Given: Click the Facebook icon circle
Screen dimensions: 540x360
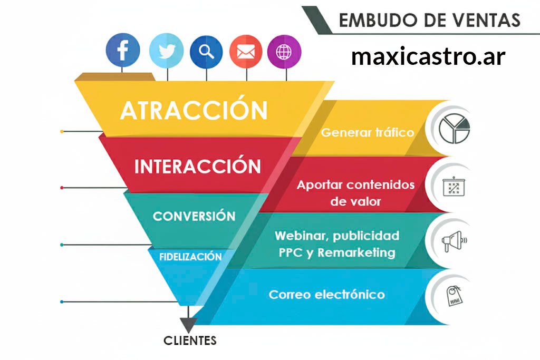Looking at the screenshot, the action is click(122, 50).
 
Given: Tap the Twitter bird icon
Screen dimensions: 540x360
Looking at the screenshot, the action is click(167, 51).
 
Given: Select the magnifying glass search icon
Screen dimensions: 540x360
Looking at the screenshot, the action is click(206, 52).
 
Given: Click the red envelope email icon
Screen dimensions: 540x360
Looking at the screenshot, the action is click(246, 52).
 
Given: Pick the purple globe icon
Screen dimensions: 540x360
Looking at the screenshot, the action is click(284, 52).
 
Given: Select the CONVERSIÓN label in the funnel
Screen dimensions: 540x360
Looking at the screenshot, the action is click(194, 216).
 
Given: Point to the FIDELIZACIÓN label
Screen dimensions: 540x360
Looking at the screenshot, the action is click(190, 256).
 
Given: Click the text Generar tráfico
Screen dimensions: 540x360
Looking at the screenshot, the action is click(368, 132).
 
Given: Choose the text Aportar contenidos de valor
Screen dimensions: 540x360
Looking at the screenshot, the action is click(356, 193).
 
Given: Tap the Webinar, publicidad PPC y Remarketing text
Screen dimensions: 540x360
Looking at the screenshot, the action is click(337, 244).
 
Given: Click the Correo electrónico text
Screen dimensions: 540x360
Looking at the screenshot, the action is click(327, 294).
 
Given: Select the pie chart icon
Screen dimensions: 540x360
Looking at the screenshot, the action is click(454, 129).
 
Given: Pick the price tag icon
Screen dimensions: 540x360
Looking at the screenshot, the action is click(454, 296).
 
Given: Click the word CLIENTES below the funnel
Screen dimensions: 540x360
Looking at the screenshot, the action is click(190, 340).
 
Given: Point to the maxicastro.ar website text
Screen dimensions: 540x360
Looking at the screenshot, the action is click(428, 56).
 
